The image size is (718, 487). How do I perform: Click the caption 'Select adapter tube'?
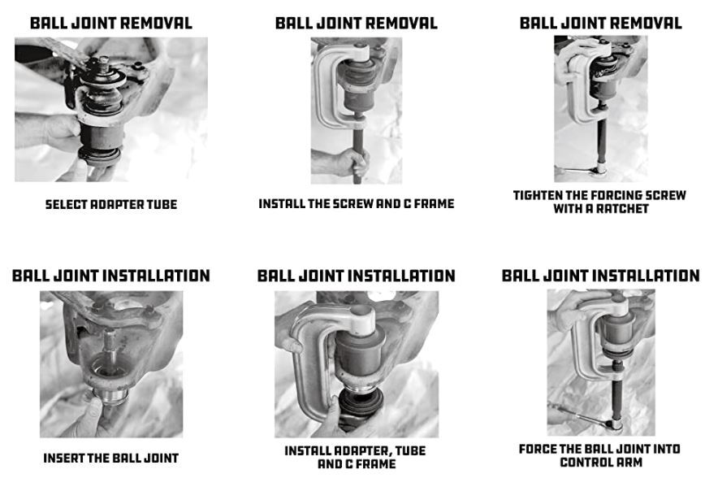[111, 205]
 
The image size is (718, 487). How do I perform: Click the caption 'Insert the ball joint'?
[110, 458]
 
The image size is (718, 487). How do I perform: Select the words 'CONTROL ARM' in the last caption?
[600, 463]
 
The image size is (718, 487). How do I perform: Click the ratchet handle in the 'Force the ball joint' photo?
[580, 414]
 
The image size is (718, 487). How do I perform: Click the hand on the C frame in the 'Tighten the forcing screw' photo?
[575, 58]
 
